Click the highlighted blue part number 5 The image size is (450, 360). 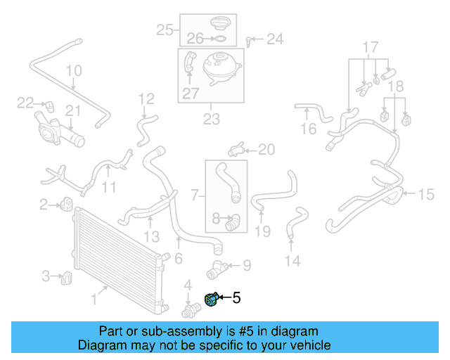click(211, 300)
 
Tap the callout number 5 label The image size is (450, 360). click(236, 298)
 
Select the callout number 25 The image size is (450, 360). click(165, 30)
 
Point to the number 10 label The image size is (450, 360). click(74, 71)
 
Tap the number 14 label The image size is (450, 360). click(292, 262)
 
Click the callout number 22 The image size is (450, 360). click(25, 103)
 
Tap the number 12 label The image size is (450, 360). click(146, 99)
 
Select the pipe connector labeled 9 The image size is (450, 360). click(215, 268)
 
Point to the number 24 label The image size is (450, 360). click(274, 39)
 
